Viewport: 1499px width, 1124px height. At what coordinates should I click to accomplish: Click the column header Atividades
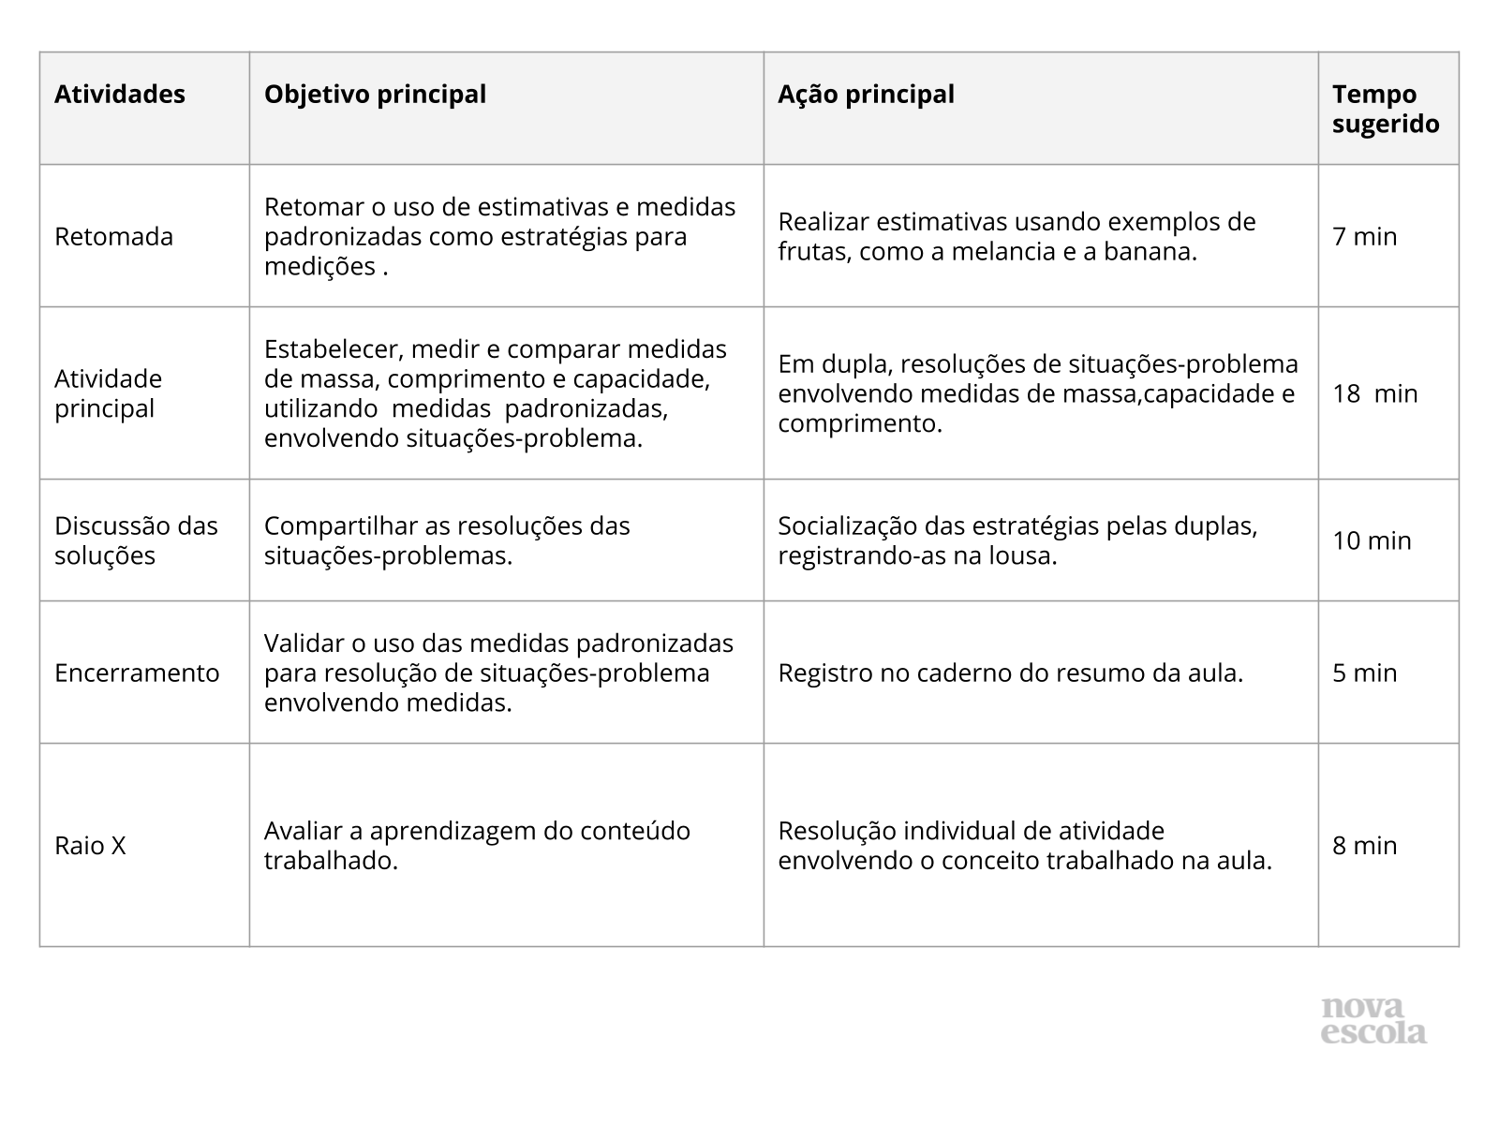[120, 95]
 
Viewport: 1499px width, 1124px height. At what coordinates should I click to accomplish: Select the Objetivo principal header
[375, 95]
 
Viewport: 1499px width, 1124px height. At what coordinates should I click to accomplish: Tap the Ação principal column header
[866, 95]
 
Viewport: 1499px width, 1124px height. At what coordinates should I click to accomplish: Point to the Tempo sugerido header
[1386, 110]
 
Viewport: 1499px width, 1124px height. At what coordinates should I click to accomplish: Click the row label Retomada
[113, 237]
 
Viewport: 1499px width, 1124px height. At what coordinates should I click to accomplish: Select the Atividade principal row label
[108, 393]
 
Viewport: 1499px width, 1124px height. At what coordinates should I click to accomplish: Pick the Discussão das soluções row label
[136, 540]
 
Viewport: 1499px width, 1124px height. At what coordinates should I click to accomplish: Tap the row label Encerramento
[137, 673]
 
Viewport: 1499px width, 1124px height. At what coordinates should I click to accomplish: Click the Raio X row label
[90, 846]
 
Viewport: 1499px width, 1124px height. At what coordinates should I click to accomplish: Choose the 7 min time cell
[1364, 237]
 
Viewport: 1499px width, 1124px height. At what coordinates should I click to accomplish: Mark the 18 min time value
[1374, 393]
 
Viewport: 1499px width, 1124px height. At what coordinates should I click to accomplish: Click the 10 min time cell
[1372, 540]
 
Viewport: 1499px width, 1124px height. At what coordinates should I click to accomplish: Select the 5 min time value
[1364, 673]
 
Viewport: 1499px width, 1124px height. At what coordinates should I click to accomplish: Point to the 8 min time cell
[1364, 846]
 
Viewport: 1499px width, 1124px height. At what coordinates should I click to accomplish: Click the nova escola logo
[1373, 1021]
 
